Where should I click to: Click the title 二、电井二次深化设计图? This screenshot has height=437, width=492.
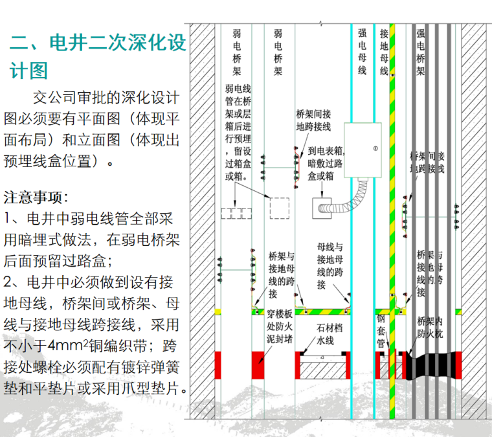97,56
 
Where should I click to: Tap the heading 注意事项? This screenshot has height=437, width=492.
36,197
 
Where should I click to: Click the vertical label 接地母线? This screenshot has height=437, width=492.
384,51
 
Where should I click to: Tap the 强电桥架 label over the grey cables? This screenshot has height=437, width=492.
420,51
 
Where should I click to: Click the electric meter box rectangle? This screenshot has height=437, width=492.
366,150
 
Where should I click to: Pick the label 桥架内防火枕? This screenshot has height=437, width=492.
429,331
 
